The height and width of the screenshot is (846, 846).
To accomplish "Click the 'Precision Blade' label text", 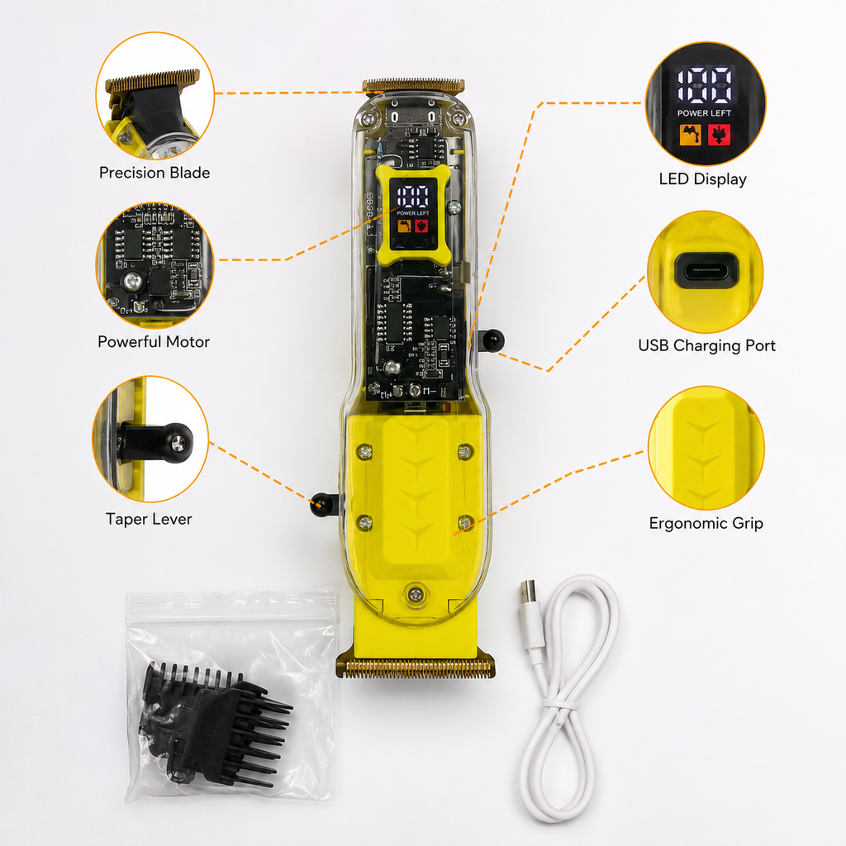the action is click(x=154, y=173).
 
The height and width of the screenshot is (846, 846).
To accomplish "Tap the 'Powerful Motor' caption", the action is click(x=153, y=341).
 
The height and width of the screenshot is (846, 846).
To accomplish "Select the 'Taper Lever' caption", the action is click(x=149, y=519).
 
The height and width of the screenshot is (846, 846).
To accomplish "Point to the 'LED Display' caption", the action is click(x=702, y=179).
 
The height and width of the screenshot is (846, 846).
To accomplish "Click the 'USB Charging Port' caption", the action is click(x=707, y=345).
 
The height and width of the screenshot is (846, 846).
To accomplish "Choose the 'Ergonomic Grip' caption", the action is click(x=706, y=523).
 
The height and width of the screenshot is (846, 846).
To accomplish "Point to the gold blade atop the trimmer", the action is click(x=413, y=85).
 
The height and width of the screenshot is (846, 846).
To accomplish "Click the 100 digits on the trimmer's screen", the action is click(x=413, y=196).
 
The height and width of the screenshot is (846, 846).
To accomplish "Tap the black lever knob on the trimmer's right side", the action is click(x=492, y=340).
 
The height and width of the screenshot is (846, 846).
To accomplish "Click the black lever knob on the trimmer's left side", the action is click(x=321, y=505).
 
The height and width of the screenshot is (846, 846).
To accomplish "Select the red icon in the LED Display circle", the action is click(x=719, y=135).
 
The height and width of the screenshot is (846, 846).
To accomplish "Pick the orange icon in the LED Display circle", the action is click(x=690, y=135).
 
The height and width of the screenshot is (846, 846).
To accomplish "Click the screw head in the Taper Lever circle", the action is click(x=178, y=444).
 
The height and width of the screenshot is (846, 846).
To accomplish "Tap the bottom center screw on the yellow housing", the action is click(x=415, y=595).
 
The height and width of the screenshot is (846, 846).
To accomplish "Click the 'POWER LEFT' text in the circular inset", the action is click(x=704, y=113).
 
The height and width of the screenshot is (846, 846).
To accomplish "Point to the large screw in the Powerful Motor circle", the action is click(x=132, y=281).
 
